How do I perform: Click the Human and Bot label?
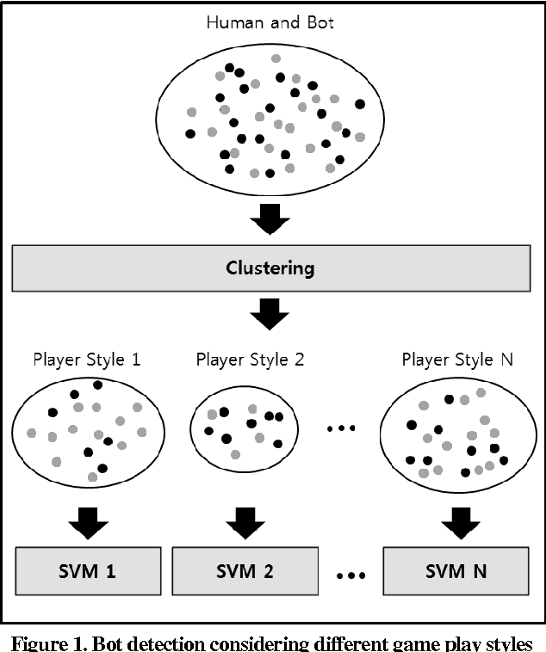pos(270,22)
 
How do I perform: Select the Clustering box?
pos(270,268)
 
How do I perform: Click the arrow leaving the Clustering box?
pos(270,315)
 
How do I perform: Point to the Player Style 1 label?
pos(86,359)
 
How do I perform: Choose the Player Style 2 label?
pos(250,359)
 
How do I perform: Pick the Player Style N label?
pos(456,359)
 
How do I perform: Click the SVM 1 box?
pos(88,569)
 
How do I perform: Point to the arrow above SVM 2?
pos(245,522)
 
